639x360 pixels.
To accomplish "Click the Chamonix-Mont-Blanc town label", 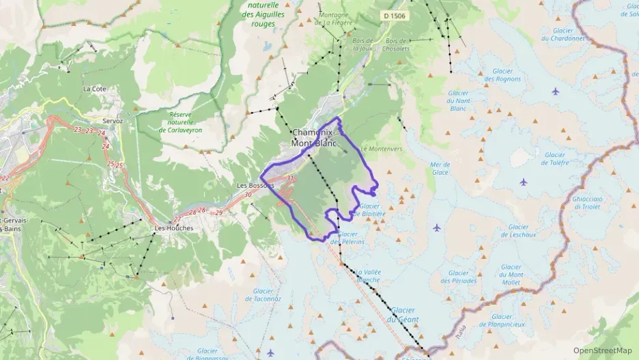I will pyautogui.click(x=313, y=137).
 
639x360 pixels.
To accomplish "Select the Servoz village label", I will pyautogui.click(x=113, y=121).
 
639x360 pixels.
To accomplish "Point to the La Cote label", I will pyautogui.click(x=95, y=89).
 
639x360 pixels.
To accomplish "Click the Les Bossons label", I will pyautogui.click(x=255, y=185).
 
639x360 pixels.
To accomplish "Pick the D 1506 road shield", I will pyautogui.click(x=393, y=15).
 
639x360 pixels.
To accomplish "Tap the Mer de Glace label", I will pyautogui.click(x=440, y=168).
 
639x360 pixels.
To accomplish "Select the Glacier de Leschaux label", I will pyautogui.click(x=518, y=231).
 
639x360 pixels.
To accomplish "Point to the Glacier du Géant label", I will pyautogui.click(x=402, y=315).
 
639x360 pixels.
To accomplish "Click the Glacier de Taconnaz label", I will pyautogui.click(x=263, y=294).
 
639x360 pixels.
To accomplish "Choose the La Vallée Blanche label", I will pyautogui.click(x=368, y=275).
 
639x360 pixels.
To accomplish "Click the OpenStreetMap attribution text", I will pyautogui.click(x=602, y=350).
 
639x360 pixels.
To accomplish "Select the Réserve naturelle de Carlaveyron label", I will pyautogui.click(x=180, y=122).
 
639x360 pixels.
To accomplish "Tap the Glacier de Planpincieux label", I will pyautogui.click(x=502, y=320).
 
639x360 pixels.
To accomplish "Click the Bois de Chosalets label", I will pyautogui.click(x=395, y=44).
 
